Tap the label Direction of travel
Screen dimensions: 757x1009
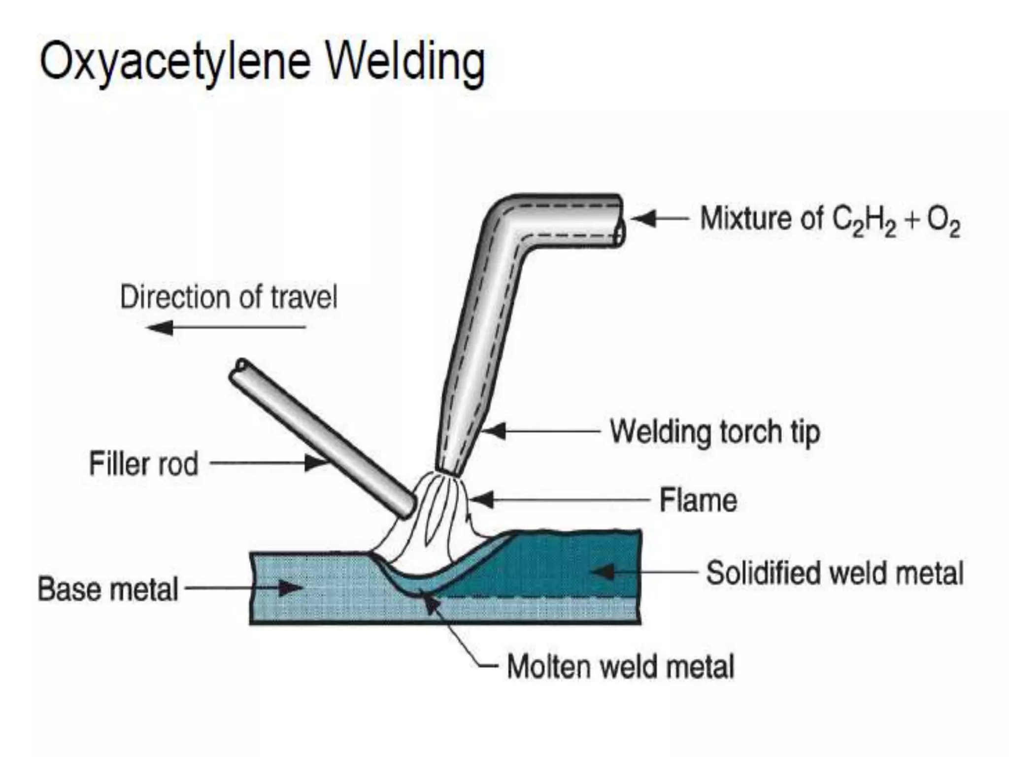tap(229, 297)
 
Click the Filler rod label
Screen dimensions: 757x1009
tap(143, 464)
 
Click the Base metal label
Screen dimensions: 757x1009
tap(108, 589)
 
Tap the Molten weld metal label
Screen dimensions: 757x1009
tap(620, 667)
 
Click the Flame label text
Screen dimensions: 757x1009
tap(698, 501)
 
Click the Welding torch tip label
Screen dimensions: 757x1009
tap(715, 432)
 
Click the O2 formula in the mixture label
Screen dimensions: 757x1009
tap(943, 221)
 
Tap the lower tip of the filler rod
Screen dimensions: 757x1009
tap(406, 508)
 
